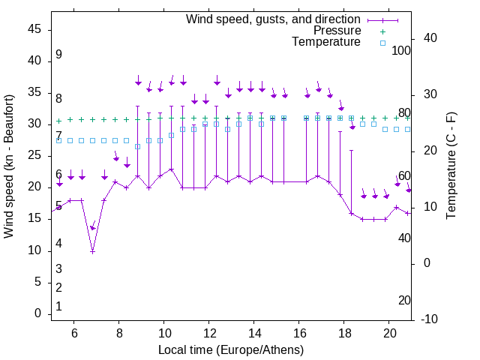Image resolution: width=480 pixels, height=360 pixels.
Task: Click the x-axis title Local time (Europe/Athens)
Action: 231,350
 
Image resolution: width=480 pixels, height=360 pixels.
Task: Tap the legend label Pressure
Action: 337,31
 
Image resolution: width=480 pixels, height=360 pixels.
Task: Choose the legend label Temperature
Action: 326,42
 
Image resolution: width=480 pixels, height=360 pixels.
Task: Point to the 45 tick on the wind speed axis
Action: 34,29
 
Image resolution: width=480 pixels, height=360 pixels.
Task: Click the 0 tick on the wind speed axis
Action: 37,313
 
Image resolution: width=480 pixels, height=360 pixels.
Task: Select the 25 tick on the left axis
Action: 34,155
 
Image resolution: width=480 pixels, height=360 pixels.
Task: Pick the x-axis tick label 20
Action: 389,333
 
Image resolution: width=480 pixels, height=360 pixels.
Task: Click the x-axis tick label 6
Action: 73,333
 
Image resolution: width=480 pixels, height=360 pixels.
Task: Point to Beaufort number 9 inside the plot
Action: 58,55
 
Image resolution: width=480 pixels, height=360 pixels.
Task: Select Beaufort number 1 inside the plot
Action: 58,307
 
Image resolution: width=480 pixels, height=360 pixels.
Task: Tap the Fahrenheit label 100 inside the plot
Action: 401,50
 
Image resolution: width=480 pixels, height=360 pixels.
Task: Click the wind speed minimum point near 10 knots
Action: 93,251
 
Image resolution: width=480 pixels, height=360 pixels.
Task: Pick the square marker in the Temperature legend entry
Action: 382,43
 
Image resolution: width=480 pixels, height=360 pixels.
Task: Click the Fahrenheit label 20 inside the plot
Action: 404,301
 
